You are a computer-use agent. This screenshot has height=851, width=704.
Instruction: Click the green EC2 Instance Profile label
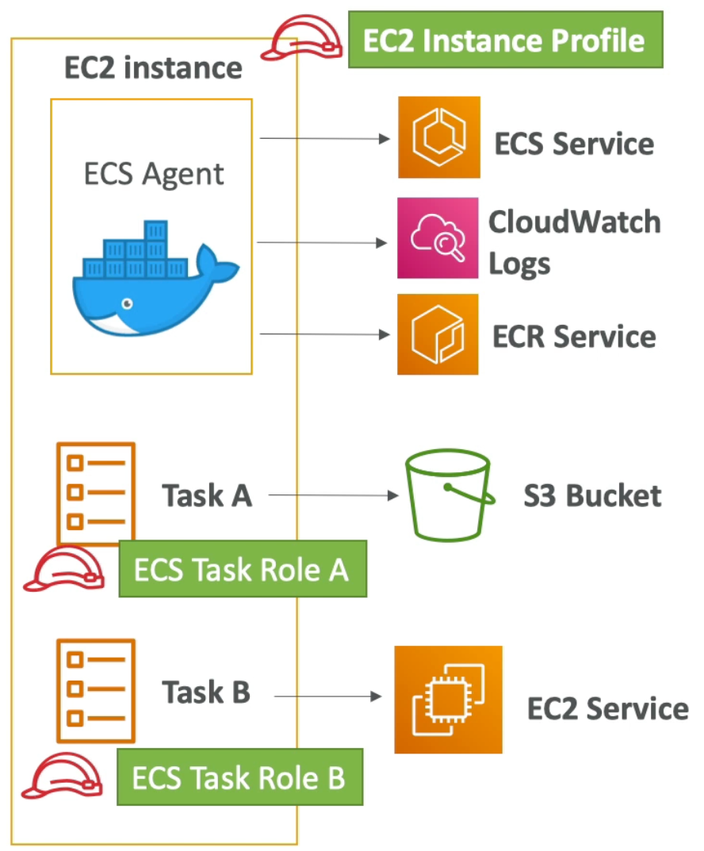(x=505, y=40)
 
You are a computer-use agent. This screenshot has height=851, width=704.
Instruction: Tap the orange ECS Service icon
(x=438, y=136)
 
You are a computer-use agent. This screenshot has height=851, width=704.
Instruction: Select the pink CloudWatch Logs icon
(x=438, y=238)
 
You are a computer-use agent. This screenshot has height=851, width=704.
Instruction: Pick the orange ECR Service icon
(x=438, y=334)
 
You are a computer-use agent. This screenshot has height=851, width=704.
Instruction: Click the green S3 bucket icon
(x=449, y=496)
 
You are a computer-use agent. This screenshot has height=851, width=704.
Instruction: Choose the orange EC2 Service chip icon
(x=448, y=699)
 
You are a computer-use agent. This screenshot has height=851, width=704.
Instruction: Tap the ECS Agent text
(x=154, y=174)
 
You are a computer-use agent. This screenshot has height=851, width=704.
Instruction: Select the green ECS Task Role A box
(x=243, y=569)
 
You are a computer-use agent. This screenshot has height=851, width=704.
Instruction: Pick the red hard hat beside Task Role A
(x=63, y=569)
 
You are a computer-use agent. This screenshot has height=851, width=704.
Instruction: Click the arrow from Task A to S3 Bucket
(x=333, y=496)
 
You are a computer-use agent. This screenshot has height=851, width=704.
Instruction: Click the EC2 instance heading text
(x=153, y=68)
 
